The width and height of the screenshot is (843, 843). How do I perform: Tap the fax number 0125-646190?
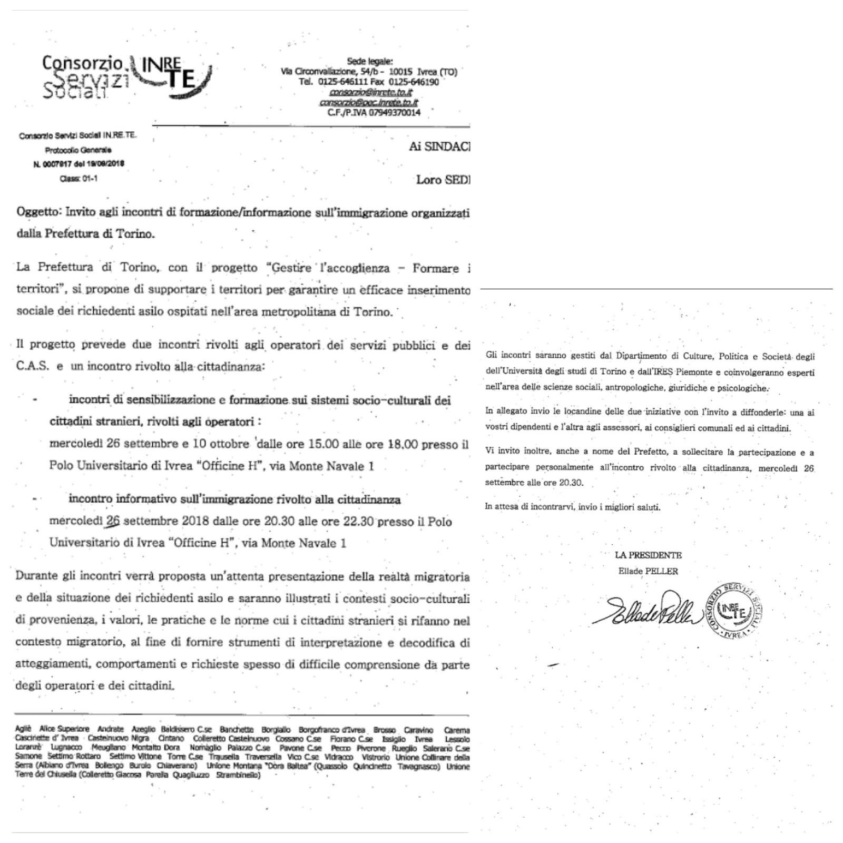tap(414, 82)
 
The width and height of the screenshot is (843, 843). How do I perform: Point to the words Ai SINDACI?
tap(439, 147)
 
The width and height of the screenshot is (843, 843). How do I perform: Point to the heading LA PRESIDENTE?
tap(648, 555)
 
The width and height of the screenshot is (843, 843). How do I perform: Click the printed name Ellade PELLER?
tap(648, 571)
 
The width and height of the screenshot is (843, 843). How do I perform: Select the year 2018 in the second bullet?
tap(195, 521)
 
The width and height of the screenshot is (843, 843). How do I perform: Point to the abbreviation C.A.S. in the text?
tap(33, 366)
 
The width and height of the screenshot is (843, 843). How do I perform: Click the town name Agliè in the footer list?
tap(24, 729)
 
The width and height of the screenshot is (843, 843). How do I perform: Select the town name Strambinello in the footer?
tap(238, 775)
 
